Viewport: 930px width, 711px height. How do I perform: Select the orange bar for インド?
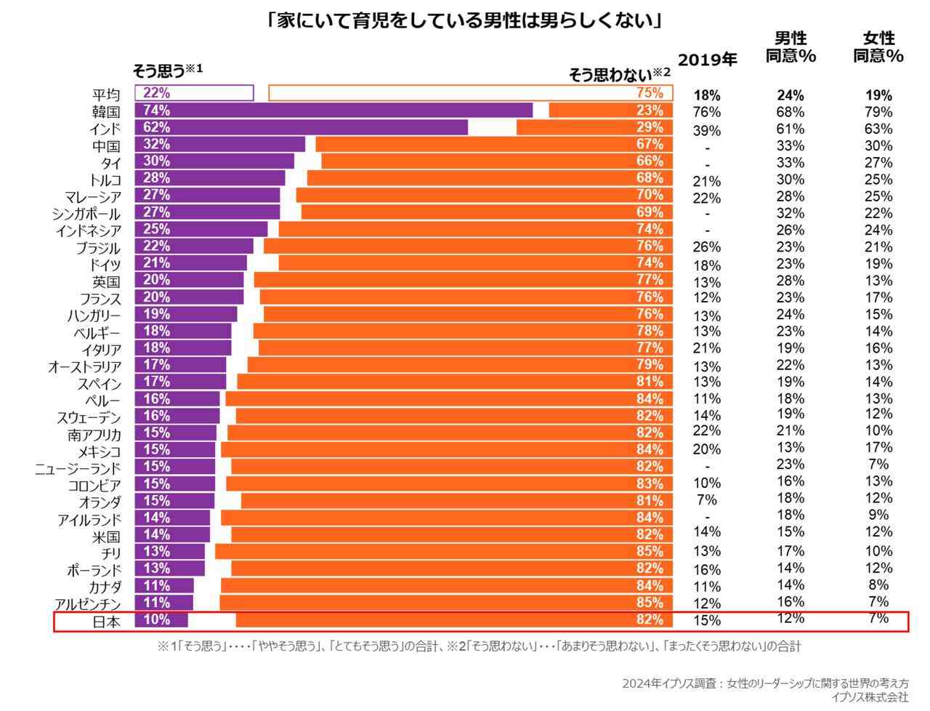pos(594,127)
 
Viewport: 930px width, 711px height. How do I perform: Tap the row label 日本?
pos(105,622)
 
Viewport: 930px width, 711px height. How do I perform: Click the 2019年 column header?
pos(707,60)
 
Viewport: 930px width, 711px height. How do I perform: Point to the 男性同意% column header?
pos(790,47)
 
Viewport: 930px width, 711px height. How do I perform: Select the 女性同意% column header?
pos(878,47)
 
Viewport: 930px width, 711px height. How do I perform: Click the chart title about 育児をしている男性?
pos(464,20)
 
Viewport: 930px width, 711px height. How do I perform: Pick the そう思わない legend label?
pos(618,73)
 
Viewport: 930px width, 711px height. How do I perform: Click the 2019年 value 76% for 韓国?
pos(707,112)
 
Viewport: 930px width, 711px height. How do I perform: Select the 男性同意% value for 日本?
pos(790,618)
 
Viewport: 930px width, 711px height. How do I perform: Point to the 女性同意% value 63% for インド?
pos(878,129)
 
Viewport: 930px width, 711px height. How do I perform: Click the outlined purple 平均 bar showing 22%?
pos(194,93)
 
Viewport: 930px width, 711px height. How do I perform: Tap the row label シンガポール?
pos(86,214)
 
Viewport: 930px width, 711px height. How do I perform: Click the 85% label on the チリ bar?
pos(650,551)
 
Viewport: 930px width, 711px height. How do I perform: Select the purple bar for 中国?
pos(219,144)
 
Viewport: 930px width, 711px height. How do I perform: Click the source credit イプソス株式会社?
pos(870,697)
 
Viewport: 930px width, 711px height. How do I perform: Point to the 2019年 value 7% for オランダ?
pos(707,500)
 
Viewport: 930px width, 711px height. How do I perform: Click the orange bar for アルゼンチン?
pos(445,602)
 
